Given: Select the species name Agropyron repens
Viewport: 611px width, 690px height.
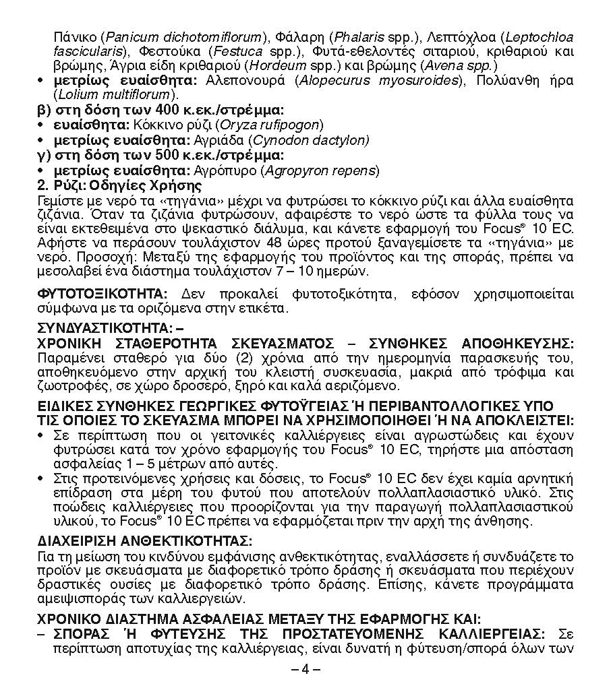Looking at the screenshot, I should pos(320,170).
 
